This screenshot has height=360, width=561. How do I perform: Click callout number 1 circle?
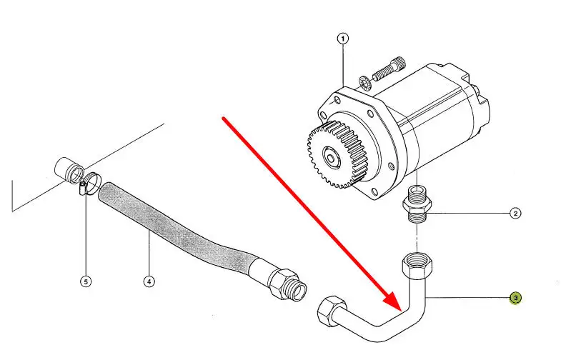343,39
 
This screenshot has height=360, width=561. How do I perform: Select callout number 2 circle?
515,213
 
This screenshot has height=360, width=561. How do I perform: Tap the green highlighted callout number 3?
515,297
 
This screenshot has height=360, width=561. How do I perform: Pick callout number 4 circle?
149,281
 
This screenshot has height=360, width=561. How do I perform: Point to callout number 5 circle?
86,281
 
